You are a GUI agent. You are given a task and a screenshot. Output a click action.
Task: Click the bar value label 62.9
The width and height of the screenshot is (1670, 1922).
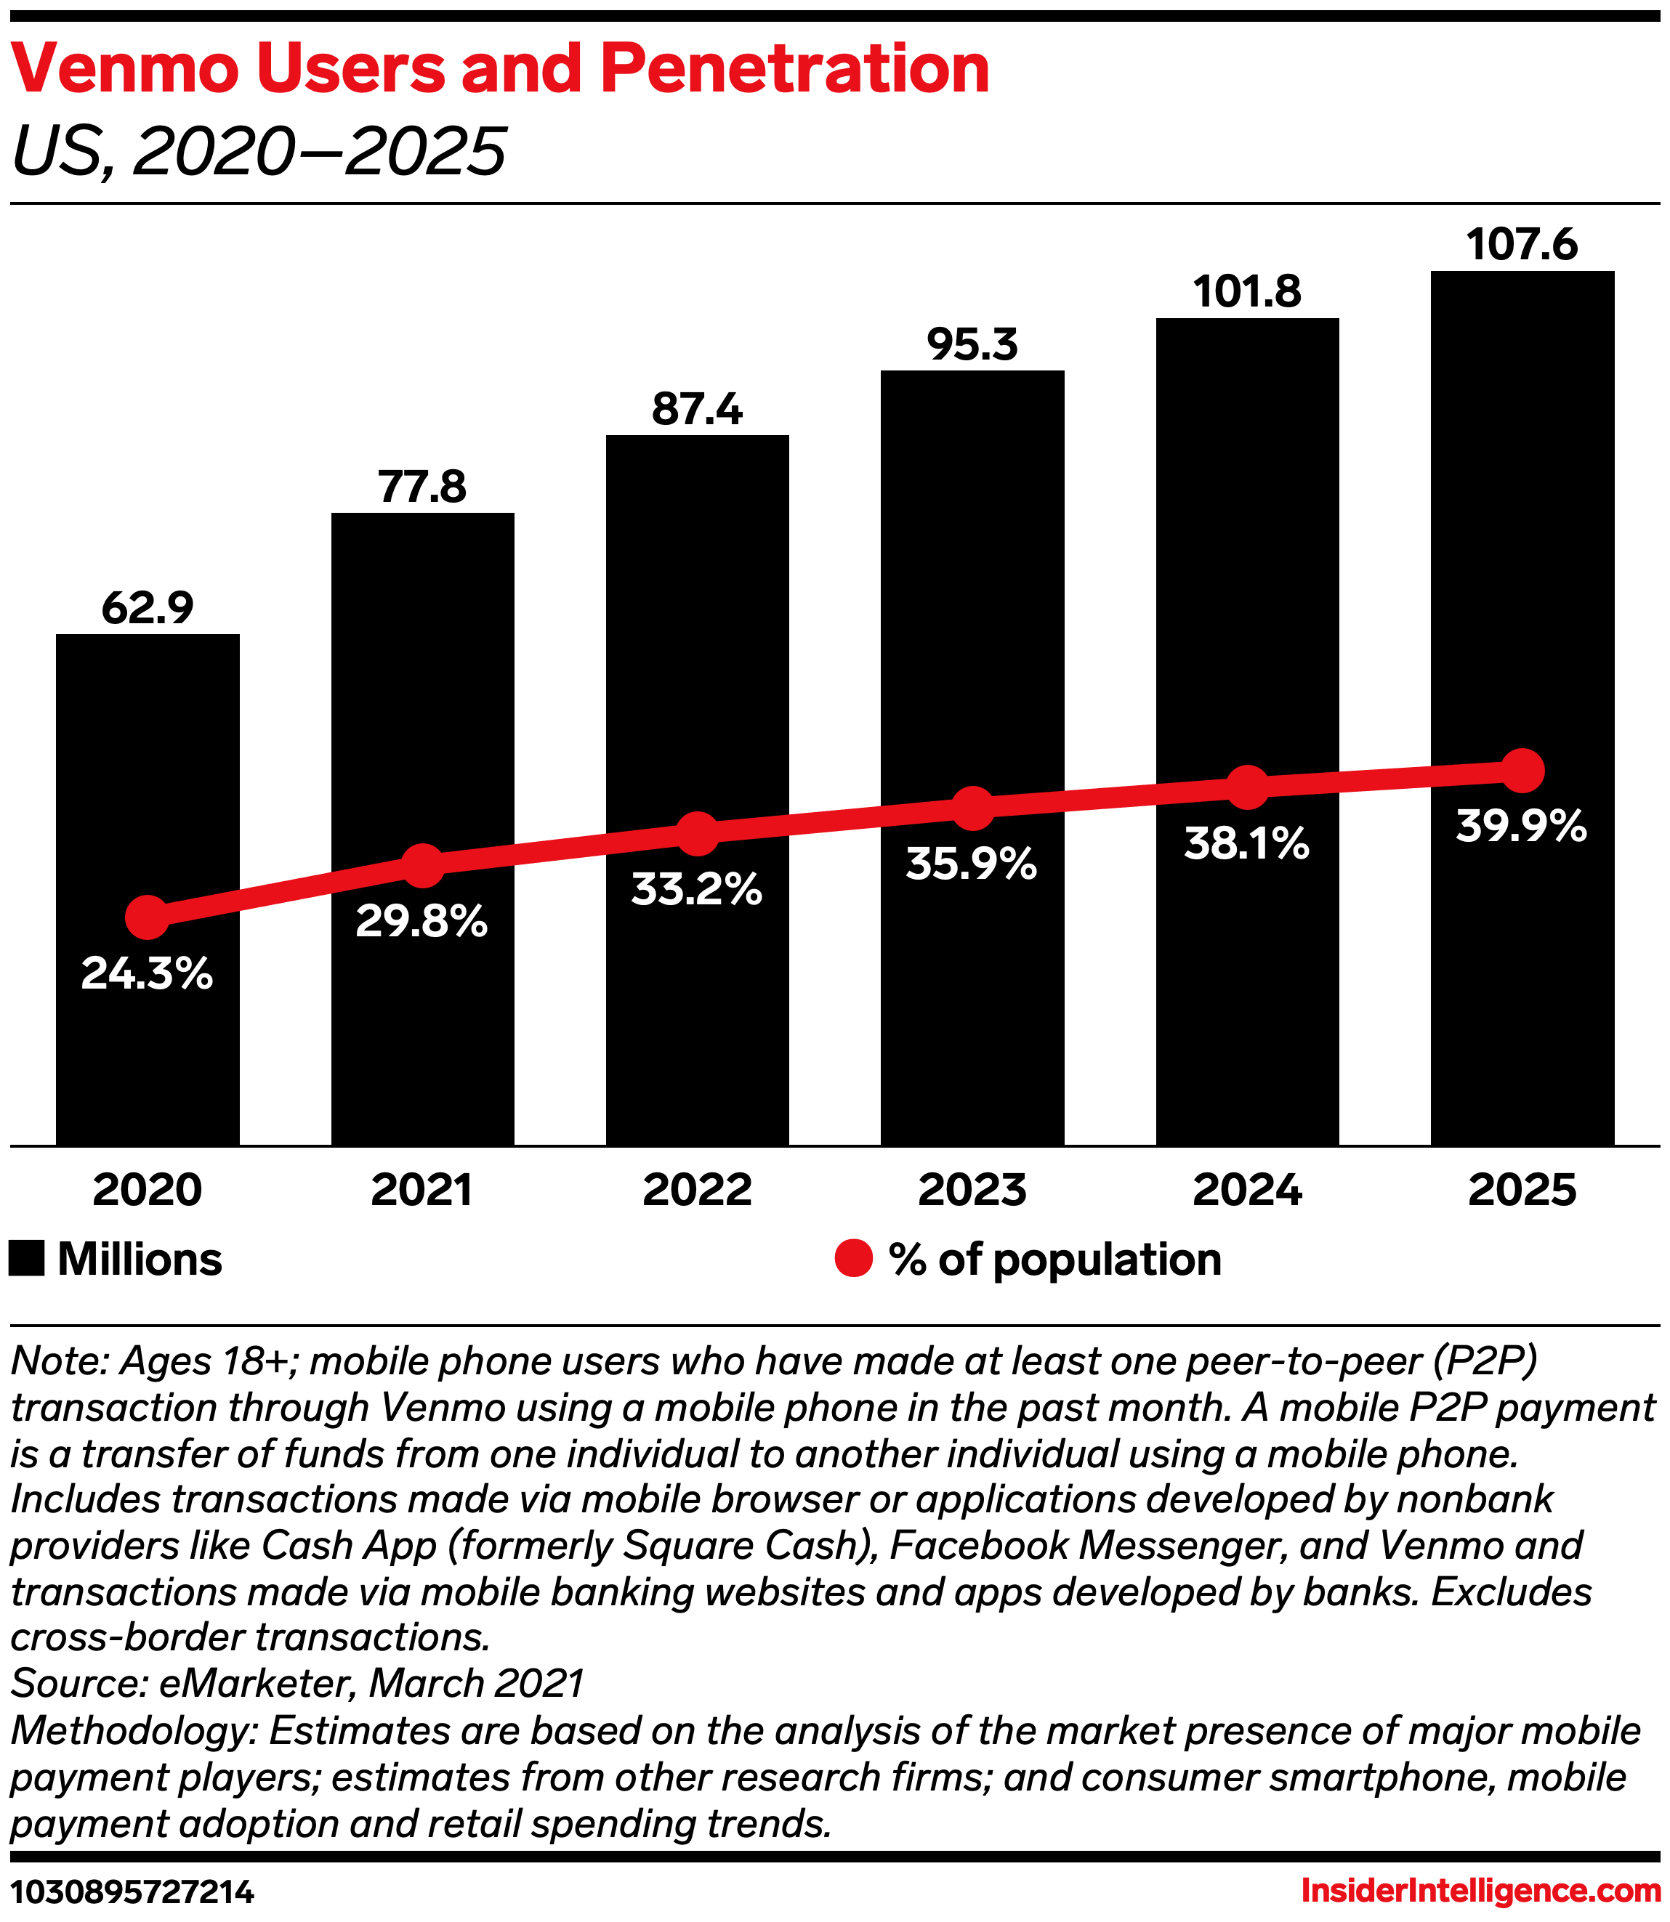tap(148, 607)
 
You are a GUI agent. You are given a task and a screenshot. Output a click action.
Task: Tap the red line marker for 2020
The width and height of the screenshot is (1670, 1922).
tap(148, 917)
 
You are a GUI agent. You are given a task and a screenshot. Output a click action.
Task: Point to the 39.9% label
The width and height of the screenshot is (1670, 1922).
tap(1521, 827)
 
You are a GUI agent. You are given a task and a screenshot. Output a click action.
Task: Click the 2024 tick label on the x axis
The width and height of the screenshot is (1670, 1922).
tap(1247, 1190)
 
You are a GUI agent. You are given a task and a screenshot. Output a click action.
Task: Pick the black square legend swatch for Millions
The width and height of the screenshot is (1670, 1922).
tap(27, 1259)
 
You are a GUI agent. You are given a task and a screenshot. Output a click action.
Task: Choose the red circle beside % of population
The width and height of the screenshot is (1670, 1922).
tap(852, 1259)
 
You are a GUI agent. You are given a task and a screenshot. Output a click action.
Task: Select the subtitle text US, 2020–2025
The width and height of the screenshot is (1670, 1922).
tap(258, 151)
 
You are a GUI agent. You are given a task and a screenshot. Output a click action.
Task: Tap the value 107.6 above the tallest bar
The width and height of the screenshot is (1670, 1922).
tap(1522, 245)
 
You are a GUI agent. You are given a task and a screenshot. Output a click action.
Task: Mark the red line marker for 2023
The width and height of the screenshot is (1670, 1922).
tap(972, 808)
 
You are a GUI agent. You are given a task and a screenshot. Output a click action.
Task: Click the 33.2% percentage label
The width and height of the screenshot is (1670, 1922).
tap(696, 890)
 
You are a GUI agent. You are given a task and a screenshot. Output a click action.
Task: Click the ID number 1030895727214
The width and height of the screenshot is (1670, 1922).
tap(132, 1892)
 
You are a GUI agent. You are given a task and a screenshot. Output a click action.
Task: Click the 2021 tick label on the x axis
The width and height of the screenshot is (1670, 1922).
tap(421, 1190)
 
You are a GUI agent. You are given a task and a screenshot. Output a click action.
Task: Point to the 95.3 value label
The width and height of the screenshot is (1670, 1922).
tap(972, 345)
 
